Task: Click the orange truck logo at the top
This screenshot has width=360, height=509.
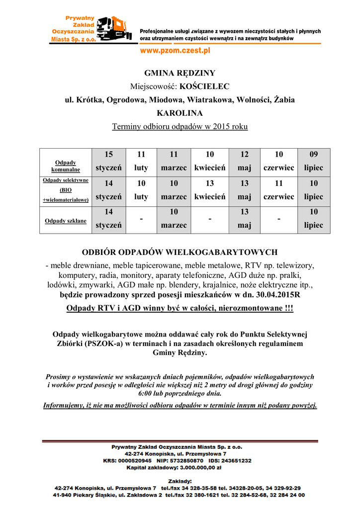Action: pos(114,29)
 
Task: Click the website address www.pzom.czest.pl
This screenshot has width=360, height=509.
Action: pos(175,50)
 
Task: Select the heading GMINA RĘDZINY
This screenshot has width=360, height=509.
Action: pos(180,73)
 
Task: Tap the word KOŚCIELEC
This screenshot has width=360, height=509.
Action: pos(204,86)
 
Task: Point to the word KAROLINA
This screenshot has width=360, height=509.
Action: pos(180,113)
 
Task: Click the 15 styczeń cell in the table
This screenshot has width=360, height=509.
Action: pos(108,161)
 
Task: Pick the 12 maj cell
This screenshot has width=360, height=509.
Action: pos(244,161)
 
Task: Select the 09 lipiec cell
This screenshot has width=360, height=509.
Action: pos(313,161)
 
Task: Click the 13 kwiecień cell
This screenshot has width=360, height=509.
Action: pos(210,190)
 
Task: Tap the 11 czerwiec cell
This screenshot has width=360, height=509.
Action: pos(278,190)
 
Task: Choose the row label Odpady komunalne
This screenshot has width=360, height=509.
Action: pos(66,166)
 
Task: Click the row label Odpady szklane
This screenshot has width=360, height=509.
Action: pos(66,221)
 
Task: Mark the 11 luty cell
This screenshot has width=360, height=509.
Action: pos(141,161)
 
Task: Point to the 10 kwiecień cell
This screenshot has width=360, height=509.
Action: pos(210,161)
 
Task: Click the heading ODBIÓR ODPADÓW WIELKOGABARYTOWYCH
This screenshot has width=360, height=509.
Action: pos(180,252)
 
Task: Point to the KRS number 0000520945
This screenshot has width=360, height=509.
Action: pos(137,461)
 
